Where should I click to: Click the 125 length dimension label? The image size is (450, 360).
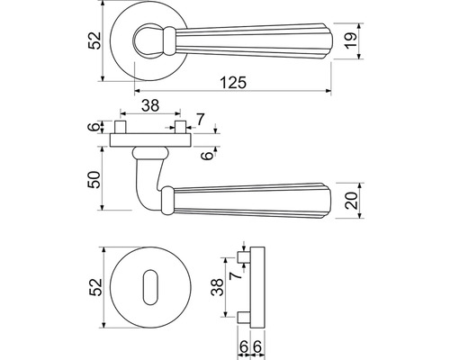[233, 83]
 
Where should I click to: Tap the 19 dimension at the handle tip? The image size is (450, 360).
[350, 40]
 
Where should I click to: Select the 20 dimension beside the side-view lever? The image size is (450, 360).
[351, 201]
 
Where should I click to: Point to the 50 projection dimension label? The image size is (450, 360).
[94, 179]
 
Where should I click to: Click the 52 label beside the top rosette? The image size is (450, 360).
[94, 40]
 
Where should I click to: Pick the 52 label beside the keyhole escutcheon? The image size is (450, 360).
[95, 287]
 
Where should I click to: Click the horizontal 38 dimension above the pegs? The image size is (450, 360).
[150, 105]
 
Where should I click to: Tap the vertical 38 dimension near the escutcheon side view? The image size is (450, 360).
[217, 287]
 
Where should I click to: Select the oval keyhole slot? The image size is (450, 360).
[150, 287]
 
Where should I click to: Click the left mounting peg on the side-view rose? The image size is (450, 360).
[120, 127]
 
